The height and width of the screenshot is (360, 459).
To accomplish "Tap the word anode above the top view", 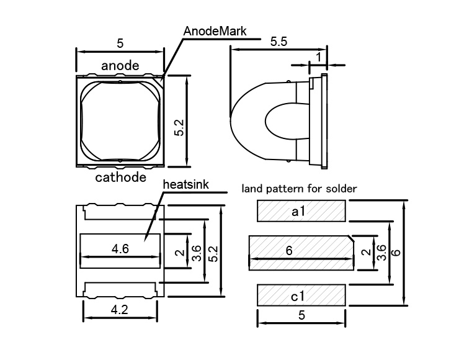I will point(120,65).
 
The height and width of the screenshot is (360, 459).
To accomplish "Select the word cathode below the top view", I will point(120,178).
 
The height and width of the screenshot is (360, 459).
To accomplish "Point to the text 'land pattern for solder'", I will point(299,188).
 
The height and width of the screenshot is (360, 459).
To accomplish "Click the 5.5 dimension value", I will point(279,42).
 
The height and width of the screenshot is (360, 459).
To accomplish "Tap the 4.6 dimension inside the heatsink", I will point(120,249).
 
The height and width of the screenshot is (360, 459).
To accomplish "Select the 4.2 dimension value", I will point(120,310).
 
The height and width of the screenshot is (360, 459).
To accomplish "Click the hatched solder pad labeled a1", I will point(301,211).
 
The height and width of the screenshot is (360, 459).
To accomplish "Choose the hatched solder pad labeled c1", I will point(301,294).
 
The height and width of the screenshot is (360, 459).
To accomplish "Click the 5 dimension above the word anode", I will point(120,43).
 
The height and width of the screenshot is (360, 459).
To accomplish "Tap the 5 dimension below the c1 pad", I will point(301,315).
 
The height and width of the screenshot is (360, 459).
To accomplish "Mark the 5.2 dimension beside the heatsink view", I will point(214,251).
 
